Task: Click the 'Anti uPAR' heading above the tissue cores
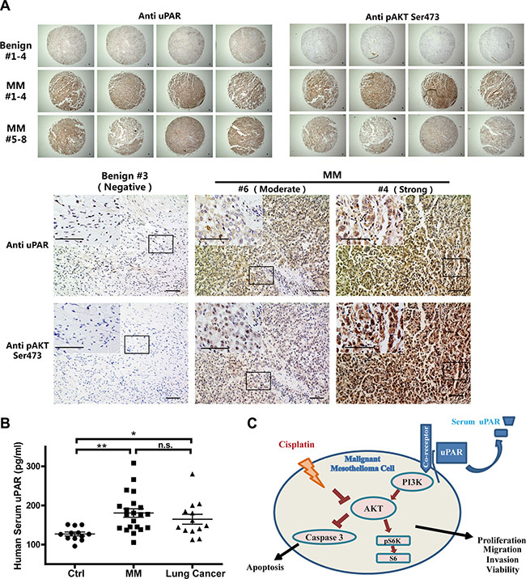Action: [x=159, y=15]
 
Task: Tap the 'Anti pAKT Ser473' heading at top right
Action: [x=402, y=17]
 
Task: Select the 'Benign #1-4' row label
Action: [x=16, y=51]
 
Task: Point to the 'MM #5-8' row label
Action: [x=16, y=133]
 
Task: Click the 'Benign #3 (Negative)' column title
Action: [x=125, y=181]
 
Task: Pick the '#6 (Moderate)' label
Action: [x=272, y=189]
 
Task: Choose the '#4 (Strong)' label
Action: [x=405, y=189]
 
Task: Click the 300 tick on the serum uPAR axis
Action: [x=37, y=467]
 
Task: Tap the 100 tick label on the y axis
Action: [x=37, y=544]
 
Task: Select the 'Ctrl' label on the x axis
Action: [x=76, y=573]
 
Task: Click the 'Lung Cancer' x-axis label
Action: [x=195, y=573]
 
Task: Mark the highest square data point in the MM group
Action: [x=134, y=463]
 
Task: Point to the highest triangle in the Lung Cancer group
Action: [x=193, y=474]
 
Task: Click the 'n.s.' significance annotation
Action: [x=165, y=445]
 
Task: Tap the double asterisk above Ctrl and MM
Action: [x=102, y=446]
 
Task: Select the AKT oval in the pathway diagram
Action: [x=373, y=509]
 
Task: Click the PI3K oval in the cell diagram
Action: [x=412, y=481]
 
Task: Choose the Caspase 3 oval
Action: [x=325, y=537]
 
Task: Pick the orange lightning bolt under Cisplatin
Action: [x=312, y=471]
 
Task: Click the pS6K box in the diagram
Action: [x=393, y=541]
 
